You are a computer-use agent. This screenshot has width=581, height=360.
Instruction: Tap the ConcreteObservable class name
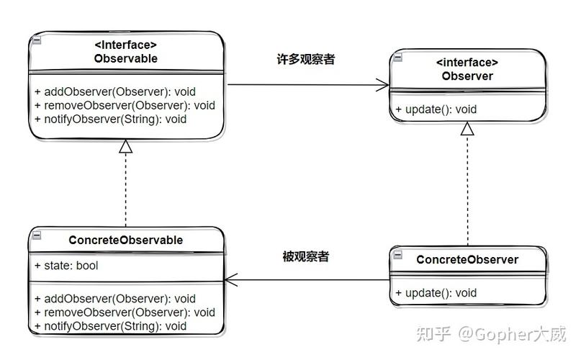point(125,240)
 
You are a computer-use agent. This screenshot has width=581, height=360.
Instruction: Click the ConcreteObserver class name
point(467,259)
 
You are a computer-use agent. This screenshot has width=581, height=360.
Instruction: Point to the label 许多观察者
point(306,60)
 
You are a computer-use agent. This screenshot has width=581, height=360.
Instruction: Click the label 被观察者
point(306,256)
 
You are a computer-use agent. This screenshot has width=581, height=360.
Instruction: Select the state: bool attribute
point(66,266)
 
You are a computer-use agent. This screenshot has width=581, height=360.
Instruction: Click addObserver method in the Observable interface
point(114,92)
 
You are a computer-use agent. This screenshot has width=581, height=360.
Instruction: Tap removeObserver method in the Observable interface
point(124,106)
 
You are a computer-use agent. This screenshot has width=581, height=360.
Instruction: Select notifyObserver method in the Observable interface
point(110,119)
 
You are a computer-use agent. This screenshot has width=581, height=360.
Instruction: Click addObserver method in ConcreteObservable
point(114,299)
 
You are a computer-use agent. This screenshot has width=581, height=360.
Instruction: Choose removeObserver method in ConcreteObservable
point(124,312)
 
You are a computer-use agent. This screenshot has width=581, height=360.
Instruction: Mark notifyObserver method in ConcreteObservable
point(110,326)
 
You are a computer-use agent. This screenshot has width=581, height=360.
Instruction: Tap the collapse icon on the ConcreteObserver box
point(397,254)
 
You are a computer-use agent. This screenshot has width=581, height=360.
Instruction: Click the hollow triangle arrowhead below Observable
point(126,146)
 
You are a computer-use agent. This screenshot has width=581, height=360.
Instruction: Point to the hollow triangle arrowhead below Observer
point(468,129)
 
